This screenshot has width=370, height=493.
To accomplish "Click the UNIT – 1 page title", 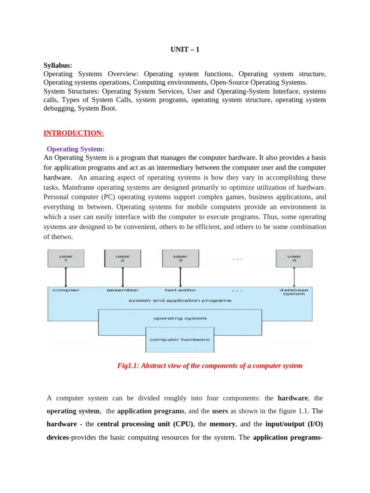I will pos(185,49).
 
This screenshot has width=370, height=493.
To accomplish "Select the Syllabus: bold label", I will pos(58,65).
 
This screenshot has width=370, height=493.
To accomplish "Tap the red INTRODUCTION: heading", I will pos(74,133).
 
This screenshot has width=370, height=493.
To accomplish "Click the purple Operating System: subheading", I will pos(76,149).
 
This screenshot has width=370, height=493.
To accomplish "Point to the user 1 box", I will pos(66,259).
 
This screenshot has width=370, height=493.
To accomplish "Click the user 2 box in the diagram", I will pos(123,259).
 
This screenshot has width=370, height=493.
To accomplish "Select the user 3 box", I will pos(180,259).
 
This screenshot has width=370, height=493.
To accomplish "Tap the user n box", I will pos(294,259).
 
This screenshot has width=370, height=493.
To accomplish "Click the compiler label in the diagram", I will pos(66,290).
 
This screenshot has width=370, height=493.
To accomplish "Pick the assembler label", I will pos(122,290).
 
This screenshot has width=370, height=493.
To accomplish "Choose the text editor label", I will pos(180,290).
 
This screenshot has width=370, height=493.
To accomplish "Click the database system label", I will pos(294,292).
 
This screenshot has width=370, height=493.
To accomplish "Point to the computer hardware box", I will pos(180,339).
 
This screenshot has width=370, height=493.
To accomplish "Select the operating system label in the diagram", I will pos(180,318).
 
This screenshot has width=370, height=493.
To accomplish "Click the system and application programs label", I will pos(180,300).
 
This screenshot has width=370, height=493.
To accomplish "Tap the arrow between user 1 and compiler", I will pos(66,277).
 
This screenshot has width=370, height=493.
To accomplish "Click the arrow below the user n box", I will pos(294,277).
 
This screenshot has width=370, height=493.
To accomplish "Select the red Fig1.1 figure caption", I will pos(210,366).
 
